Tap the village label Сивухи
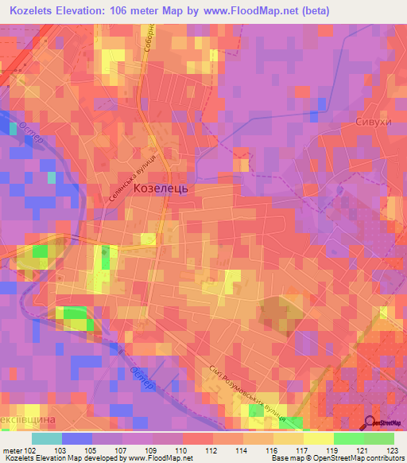click(370, 124)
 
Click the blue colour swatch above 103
click(76, 438)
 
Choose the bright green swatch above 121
click(348, 438)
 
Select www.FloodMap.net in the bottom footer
click(148, 459)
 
